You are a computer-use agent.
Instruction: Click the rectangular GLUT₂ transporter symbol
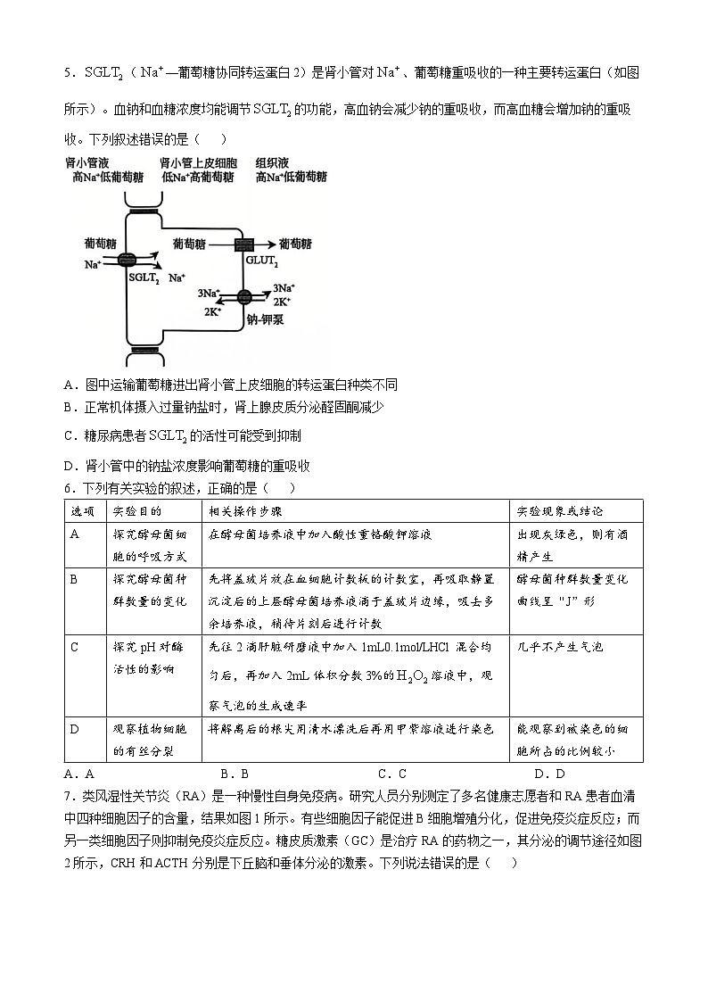coord(245,244)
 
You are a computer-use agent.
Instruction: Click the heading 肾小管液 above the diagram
coord(86,164)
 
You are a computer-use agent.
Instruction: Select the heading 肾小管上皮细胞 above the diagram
coord(198,164)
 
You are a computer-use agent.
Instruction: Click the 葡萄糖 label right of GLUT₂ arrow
coord(295,243)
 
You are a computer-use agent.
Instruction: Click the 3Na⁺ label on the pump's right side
coord(284,287)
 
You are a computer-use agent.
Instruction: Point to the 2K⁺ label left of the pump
coord(212,312)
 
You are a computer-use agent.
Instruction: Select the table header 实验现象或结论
coord(560,511)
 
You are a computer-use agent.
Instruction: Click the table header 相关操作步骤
coord(245,511)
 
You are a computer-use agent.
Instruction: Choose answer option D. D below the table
coord(549,774)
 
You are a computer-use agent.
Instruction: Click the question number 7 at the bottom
coord(68,797)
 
